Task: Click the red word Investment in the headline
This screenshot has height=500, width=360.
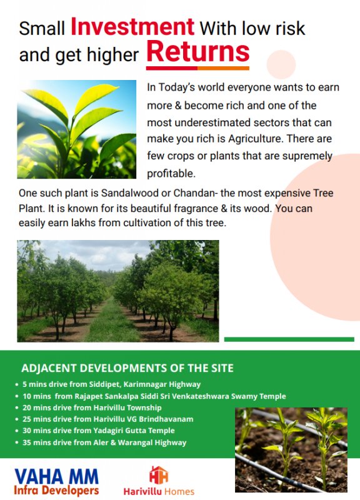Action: click(x=132, y=26)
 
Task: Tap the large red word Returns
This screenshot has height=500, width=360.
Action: click(x=197, y=52)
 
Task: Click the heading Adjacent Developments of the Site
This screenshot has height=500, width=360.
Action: click(x=127, y=368)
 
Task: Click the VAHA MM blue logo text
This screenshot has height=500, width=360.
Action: click(x=56, y=477)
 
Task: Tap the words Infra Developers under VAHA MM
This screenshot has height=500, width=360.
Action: click(x=56, y=490)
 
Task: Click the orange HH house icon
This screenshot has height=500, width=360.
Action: click(x=159, y=476)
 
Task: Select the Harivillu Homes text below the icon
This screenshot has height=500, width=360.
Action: click(x=159, y=491)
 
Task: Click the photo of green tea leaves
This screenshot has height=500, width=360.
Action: click(x=76, y=129)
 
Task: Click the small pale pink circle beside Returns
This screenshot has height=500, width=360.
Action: click(x=281, y=64)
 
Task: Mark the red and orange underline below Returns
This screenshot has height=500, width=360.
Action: click(x=197, y=68)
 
